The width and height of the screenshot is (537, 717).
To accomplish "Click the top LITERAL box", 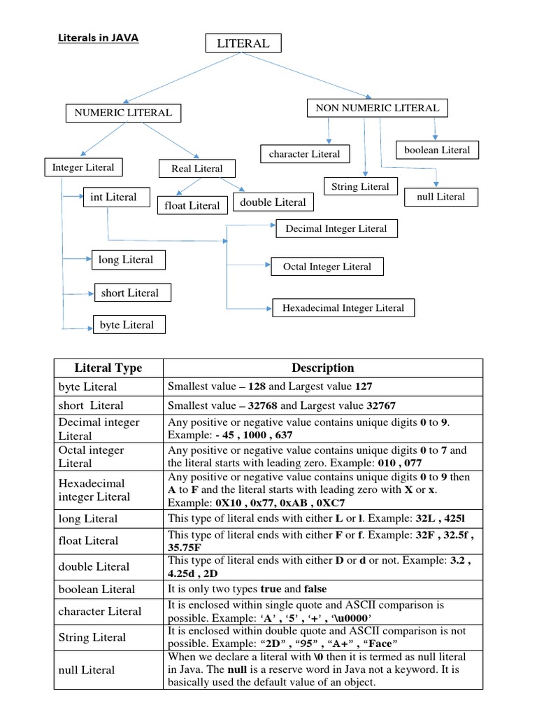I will tap(243, 43).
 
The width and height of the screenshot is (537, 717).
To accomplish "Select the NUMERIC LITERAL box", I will tap(122, 112).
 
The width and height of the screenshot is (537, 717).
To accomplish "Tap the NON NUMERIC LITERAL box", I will tap(378, 108).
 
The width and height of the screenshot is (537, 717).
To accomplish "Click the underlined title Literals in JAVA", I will tap(98, 39).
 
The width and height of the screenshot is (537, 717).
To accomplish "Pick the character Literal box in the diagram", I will tap(304, 154).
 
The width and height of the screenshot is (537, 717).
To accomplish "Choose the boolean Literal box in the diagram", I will tap(437, 150).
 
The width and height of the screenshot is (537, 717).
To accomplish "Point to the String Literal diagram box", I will tap(361, 187).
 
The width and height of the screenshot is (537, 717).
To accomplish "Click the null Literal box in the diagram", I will tap(441, 197).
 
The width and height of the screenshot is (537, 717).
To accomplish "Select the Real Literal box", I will tap(196, 169).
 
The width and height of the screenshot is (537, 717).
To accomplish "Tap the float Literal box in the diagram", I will tap(192, 205).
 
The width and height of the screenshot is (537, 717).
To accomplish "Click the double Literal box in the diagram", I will tap(273, 202).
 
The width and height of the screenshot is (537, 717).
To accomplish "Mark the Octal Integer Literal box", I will tap(327, 267).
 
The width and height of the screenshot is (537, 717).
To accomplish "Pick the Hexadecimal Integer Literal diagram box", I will tap(343, 308).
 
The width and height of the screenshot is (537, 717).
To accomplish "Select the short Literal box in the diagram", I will tap(130, 293).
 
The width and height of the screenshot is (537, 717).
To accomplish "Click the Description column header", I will tap(322, 368).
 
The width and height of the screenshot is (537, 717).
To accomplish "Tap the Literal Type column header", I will tap(108, 368).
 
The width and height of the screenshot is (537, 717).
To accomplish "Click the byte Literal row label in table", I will tap(88, 387).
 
